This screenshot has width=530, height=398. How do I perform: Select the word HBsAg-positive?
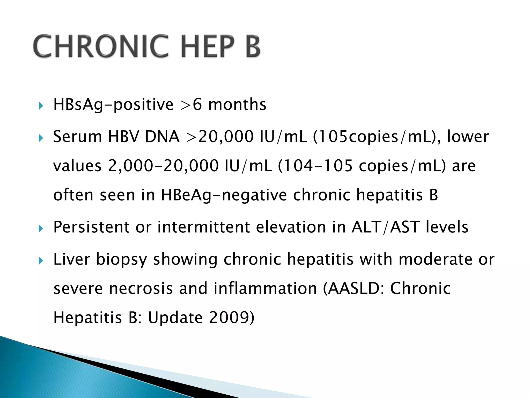coord(113,105)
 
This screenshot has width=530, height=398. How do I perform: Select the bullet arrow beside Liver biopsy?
coord(40,261)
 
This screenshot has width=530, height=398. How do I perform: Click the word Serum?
coord(77,137)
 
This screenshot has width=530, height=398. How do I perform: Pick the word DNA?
coord(162,137)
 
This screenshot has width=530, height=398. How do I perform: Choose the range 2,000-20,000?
coord(163,166)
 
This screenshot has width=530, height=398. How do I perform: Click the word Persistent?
coord(91,227)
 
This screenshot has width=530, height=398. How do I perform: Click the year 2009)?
coord(232,318)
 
